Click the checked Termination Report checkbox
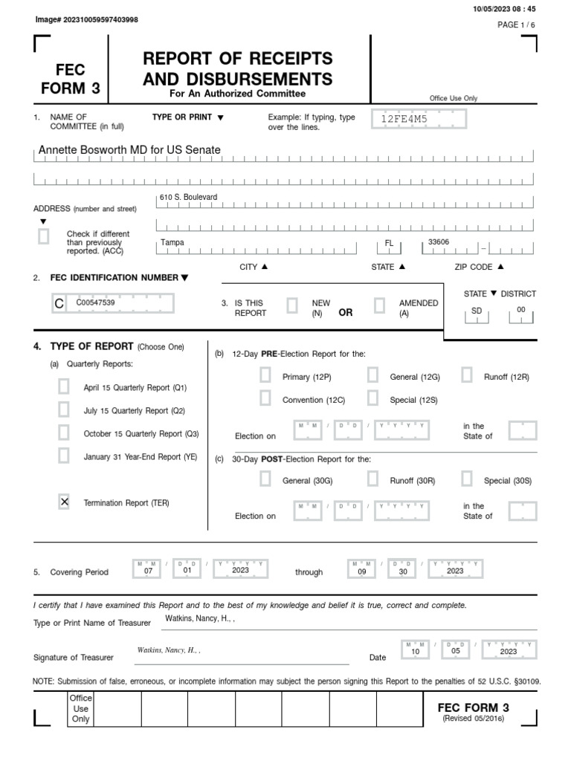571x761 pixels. (64, 502)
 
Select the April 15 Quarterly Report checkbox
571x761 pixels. (64, 386)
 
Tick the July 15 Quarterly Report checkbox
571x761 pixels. (64, 409)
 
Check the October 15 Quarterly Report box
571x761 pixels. (64, 433)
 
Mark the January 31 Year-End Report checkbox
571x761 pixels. (64, 456)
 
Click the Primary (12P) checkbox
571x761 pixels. (265, 375)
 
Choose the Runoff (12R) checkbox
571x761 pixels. (467, 375)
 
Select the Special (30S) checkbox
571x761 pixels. (467, 479)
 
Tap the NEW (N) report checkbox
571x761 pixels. (292, 306)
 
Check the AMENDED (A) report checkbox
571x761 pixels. (379, 306)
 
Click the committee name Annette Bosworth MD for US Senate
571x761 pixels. (129, 150)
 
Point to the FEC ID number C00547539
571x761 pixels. (95, 302)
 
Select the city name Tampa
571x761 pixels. (172, 243)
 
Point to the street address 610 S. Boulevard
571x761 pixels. (189, 197)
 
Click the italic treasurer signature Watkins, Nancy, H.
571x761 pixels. (169, 650)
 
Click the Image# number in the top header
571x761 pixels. (86, 19)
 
